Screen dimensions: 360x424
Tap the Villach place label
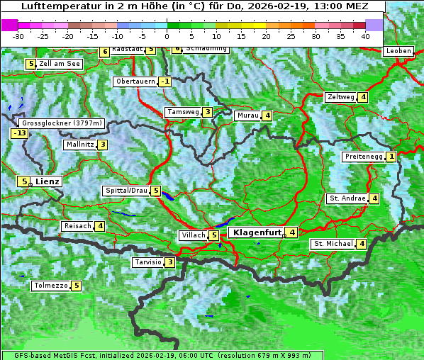(193, 235)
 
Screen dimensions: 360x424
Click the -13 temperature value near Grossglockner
(19, 133)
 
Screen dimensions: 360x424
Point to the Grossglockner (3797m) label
(62, 123)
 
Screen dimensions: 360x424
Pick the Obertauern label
(135, 81)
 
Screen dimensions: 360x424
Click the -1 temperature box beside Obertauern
(164, 81)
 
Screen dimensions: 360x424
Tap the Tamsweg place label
(182, 112)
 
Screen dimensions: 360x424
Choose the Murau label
(247, 116)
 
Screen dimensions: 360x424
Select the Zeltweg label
(340, 97)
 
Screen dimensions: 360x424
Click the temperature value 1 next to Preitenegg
(391, 157)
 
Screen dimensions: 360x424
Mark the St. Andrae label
(347, 198)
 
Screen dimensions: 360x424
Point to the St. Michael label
(333, 244)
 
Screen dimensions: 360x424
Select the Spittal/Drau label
(126, 191)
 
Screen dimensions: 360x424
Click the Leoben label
(398, 51)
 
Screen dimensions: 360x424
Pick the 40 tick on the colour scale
(365, 36)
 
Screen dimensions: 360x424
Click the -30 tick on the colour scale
(18, 36)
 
